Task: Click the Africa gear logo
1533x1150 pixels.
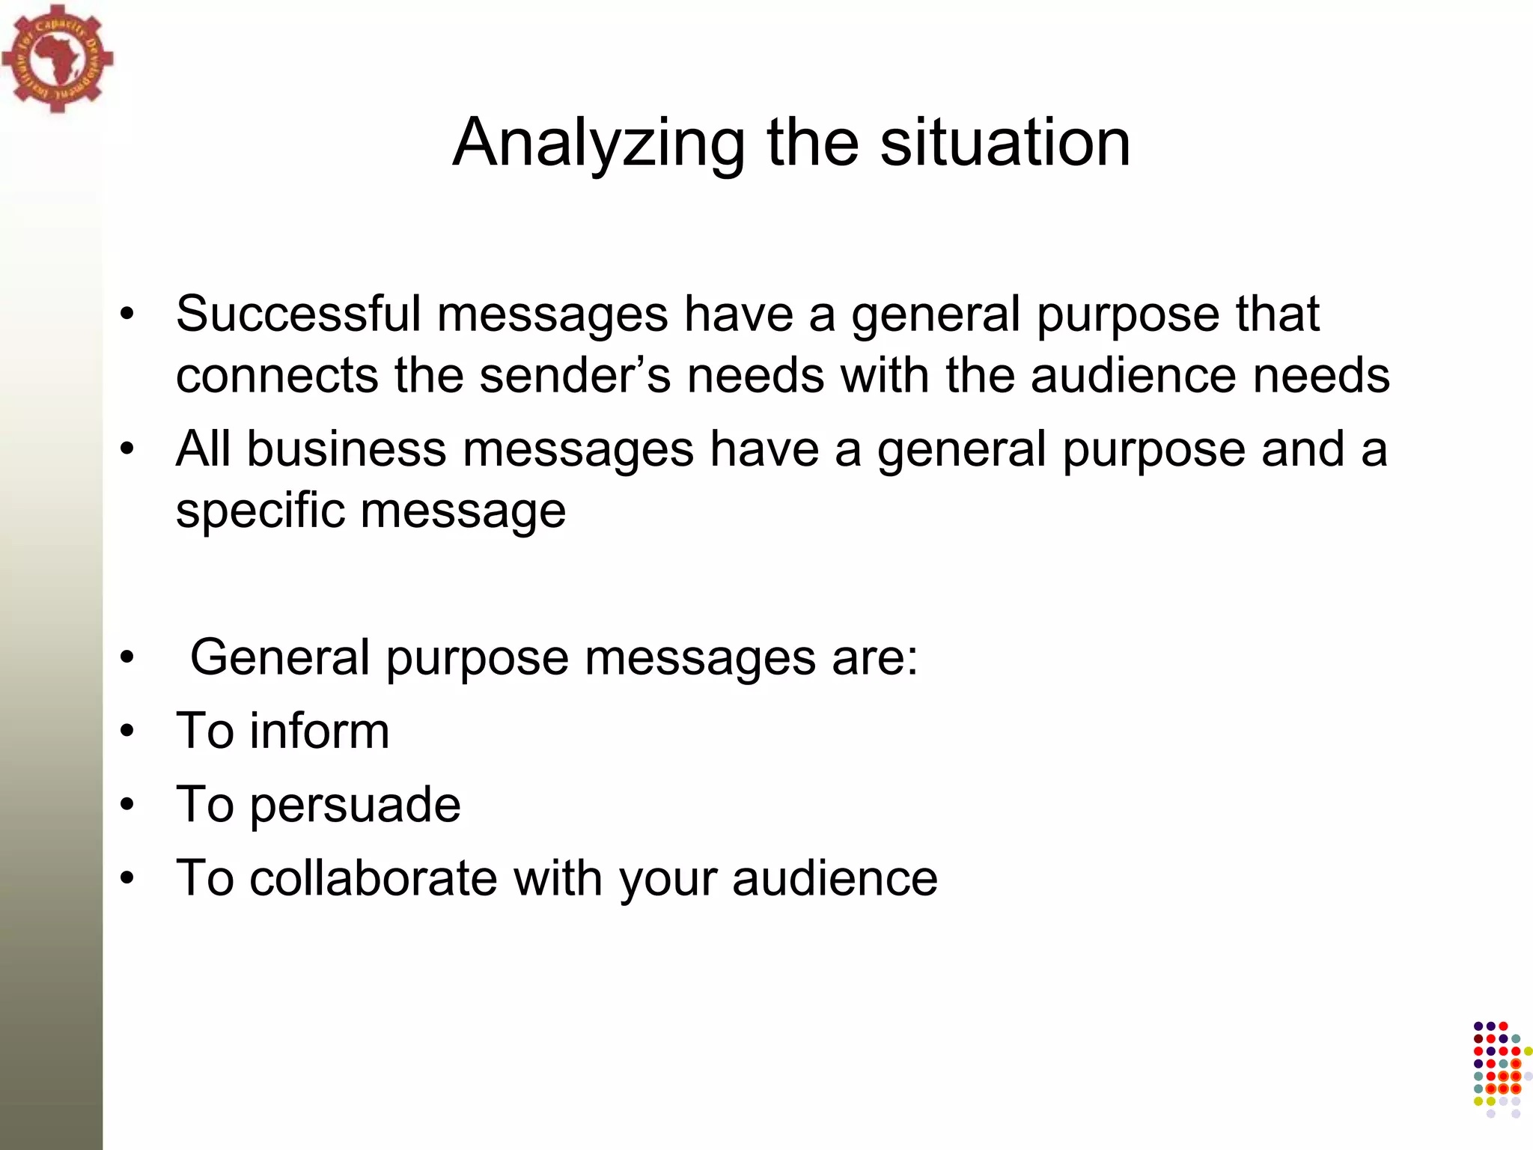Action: (57, 58)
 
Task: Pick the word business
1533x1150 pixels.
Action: (347, 449)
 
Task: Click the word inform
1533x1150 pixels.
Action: (320, 731)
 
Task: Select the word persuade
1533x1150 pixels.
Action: (355, 806)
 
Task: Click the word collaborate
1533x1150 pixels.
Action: (374, 877)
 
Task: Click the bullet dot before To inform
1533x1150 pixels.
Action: (127, 731)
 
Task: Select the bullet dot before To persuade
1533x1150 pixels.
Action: (127, 804)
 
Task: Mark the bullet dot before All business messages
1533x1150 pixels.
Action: (127, 449)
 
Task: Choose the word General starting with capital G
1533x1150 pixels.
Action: (280, 657)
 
